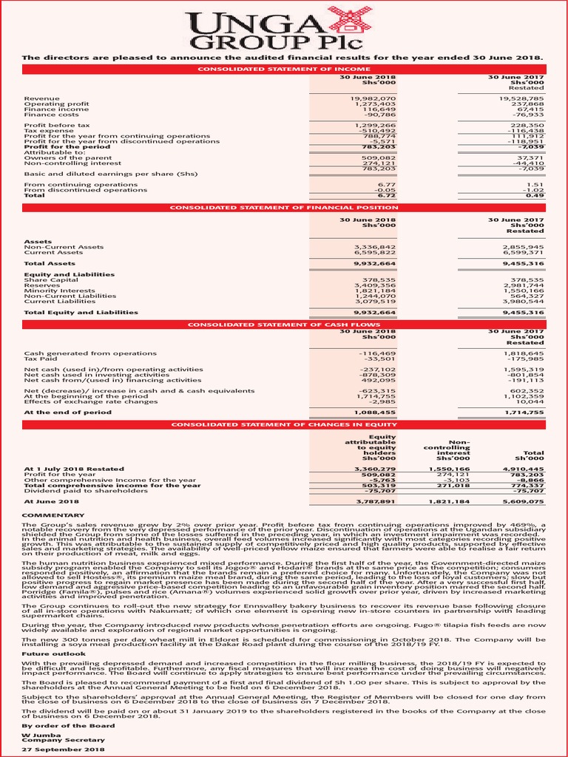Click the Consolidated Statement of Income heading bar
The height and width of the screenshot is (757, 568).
pos(284,69)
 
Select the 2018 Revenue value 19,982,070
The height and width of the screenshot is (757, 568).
pos(375,98)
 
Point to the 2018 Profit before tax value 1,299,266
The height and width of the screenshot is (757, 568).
pos(375,126)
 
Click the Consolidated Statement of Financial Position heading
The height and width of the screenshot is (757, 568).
pos(284,208)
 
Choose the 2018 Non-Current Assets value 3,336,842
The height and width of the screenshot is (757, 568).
pos(375,247)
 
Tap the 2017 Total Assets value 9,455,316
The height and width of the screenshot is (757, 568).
pos(523,263)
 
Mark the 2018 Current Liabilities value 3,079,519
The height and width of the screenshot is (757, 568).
pos(375,301)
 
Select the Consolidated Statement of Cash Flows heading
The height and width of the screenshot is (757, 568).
pos(284,325)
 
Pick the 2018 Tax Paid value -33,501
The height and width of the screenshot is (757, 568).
pos(380,359)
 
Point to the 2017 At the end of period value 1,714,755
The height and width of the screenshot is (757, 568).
pos(523,412)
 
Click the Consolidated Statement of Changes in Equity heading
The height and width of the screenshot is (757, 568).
pos(284,424)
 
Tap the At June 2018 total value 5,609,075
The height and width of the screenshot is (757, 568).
pos(523,500)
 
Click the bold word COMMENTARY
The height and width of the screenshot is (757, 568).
pos(53,514)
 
